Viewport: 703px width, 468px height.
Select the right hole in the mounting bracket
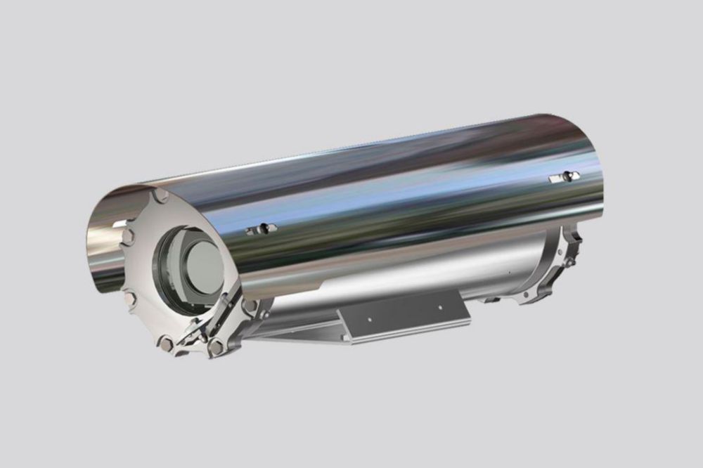(439, 307)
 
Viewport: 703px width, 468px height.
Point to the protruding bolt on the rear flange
(571, 260)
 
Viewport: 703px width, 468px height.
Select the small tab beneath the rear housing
(491, 299)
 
